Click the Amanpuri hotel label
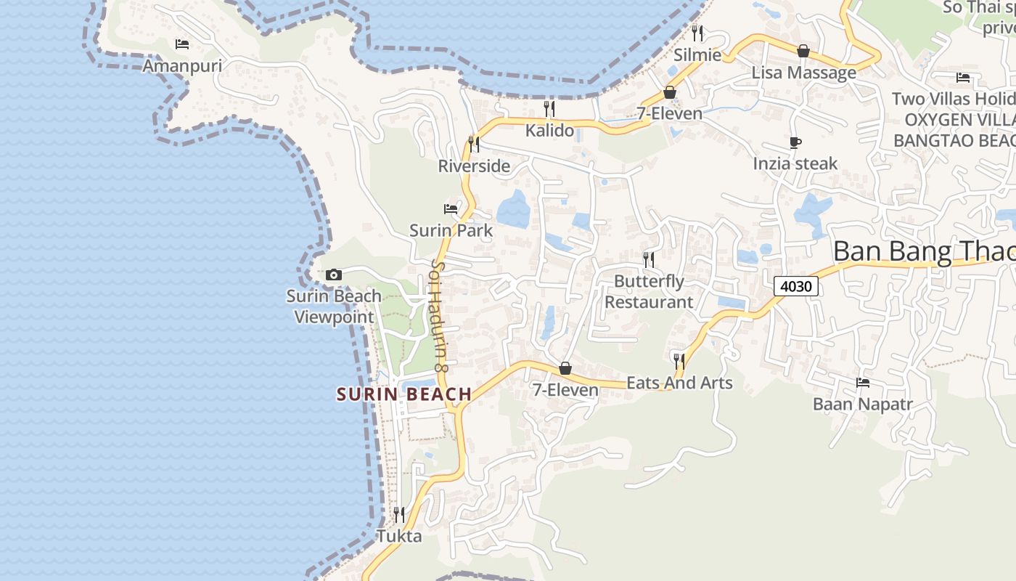pos(181,66)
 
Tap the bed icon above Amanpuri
pos(182,44)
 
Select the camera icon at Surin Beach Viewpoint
pos(334,275)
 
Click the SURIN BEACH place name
pos(404,394)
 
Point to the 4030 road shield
pos(795,286)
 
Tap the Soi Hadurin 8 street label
pos(441,316)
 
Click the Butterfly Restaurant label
pos(649,291)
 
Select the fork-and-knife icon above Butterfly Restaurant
pos(649,259)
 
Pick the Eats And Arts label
pos(679,383)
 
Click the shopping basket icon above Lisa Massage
pos(803,51)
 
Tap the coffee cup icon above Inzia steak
pos(795,142)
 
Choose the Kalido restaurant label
pos(549,131)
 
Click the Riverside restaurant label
pos(474,166)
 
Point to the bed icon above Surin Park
pos(451,209)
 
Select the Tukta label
pos(399,537)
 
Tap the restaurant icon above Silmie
pos(697,33)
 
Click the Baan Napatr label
pos(862,404)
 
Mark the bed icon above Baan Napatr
pos(862,382)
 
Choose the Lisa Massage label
pos(803,73)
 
